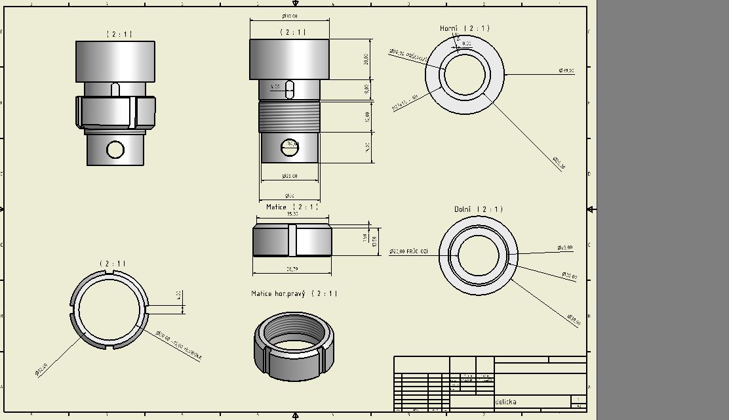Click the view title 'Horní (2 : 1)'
464,28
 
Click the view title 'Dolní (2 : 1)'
478,209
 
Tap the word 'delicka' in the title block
505,402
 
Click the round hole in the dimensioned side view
289,148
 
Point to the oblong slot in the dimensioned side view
289,89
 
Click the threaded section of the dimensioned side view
289,116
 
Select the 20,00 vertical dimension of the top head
366,59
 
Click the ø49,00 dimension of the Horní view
566,70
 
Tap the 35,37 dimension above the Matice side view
292,214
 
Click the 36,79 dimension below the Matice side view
292,269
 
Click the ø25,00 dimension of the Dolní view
564,248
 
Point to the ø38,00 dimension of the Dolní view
574,319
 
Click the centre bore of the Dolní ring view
478,253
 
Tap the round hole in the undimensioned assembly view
115,150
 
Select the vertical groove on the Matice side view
292,240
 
